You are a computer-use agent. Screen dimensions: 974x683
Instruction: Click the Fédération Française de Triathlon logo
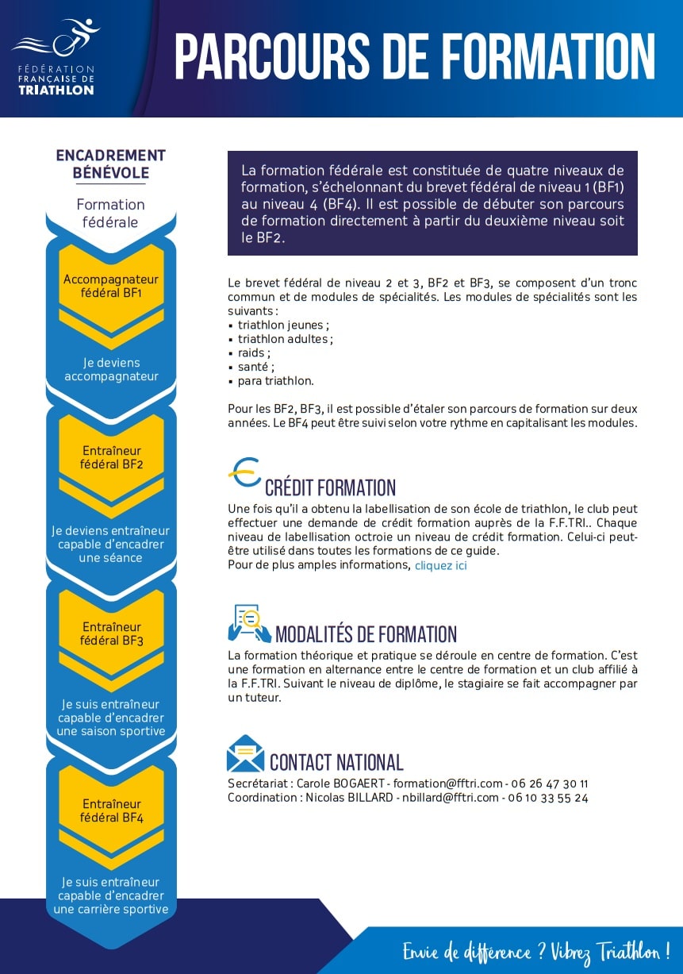click(56, 59)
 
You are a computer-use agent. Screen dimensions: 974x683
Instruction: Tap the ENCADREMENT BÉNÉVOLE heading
click(111, 164)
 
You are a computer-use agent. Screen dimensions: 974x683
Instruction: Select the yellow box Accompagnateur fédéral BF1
click(111, 286)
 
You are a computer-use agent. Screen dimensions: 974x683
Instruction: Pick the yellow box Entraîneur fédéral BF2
click(111, 457)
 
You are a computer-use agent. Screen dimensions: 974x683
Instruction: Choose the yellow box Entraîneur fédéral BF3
click(111, 633)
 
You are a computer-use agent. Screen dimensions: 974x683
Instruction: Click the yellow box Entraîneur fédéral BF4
click(111, 810)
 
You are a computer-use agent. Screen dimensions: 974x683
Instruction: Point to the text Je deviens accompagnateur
click(111, 370)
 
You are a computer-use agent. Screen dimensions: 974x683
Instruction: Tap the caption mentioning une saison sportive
click(111, 718)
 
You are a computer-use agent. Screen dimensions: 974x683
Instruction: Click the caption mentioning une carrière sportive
click(111, 895)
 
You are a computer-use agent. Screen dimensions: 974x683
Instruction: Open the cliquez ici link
click(441, 565)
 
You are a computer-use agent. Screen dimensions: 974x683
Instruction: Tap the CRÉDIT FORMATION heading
click(330, 487)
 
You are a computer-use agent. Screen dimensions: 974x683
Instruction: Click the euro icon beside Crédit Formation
click(244, 473)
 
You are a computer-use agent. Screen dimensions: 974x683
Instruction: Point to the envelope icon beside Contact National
click(245, 753)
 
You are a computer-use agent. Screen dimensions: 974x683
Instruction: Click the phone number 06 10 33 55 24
click(548, 798)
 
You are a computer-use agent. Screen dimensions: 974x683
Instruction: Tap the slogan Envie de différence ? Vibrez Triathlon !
click(536, 951)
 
